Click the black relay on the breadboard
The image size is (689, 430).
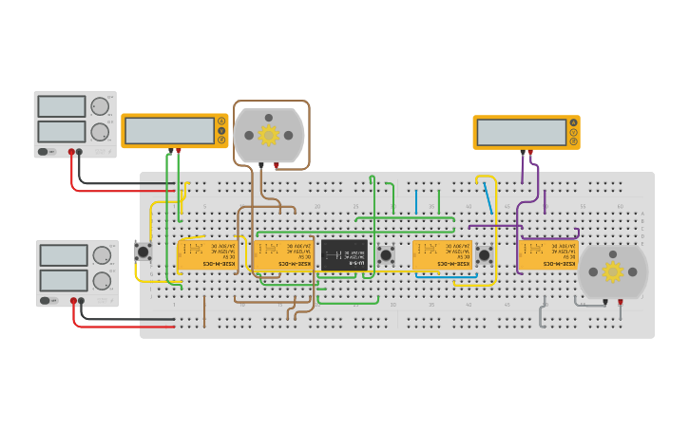click(x=343, y=254)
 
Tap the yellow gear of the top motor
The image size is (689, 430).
click(x=268, y=135)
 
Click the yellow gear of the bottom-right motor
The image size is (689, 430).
click(x=612, y=272)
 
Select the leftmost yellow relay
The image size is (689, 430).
click(x=207, y=254)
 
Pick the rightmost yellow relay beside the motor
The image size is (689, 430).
click(x=548, y=254)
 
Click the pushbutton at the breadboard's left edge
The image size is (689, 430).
click(x=144, y=252)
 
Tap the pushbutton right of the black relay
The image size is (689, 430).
click(x=386, y=254)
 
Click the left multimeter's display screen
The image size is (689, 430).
click(x=169, y=130)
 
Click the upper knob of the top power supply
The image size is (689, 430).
click(x=100, y=106)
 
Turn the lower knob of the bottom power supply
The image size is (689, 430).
click(x=102, y=281)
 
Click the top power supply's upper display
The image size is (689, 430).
click(x=62, y=106)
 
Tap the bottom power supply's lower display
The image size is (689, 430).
click(x=64, y=281)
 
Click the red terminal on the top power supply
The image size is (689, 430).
click(x=70, y=152)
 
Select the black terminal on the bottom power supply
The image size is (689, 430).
click(x=82, y=301)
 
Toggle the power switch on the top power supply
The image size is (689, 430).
click(x=44, y=152)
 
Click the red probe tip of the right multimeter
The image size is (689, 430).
click(x=530, y=152)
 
